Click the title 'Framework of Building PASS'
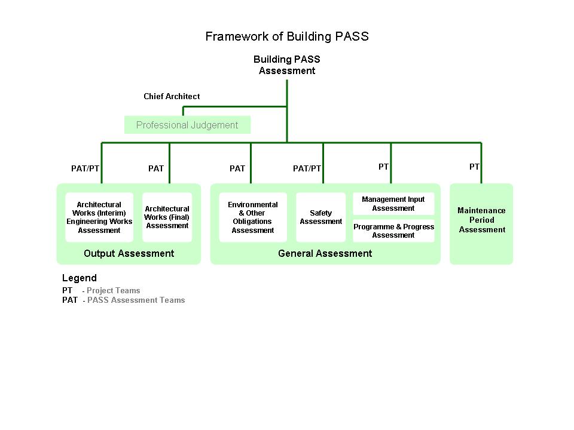point(287,36)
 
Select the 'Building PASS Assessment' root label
point(287,65)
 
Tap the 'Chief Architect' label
point(172,96)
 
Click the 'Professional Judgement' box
point(187,125)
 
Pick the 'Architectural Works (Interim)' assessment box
point(99,217)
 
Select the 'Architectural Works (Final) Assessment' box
point(167,217)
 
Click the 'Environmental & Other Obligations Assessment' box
point(253,217)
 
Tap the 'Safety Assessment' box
point(321,217)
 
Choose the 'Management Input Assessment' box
point(393,204)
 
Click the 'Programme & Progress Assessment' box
point(393,231)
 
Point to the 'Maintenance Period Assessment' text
point(481,220)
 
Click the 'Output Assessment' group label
point(129,253)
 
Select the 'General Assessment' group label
point(325,253)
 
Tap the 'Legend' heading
point(79,278)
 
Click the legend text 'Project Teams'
point(114,291)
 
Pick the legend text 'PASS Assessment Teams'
point(136,300)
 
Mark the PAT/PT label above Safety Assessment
point(307,168)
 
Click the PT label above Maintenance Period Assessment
point(474,167)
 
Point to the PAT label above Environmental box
point(237,168)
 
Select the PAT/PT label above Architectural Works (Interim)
point(85,168)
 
